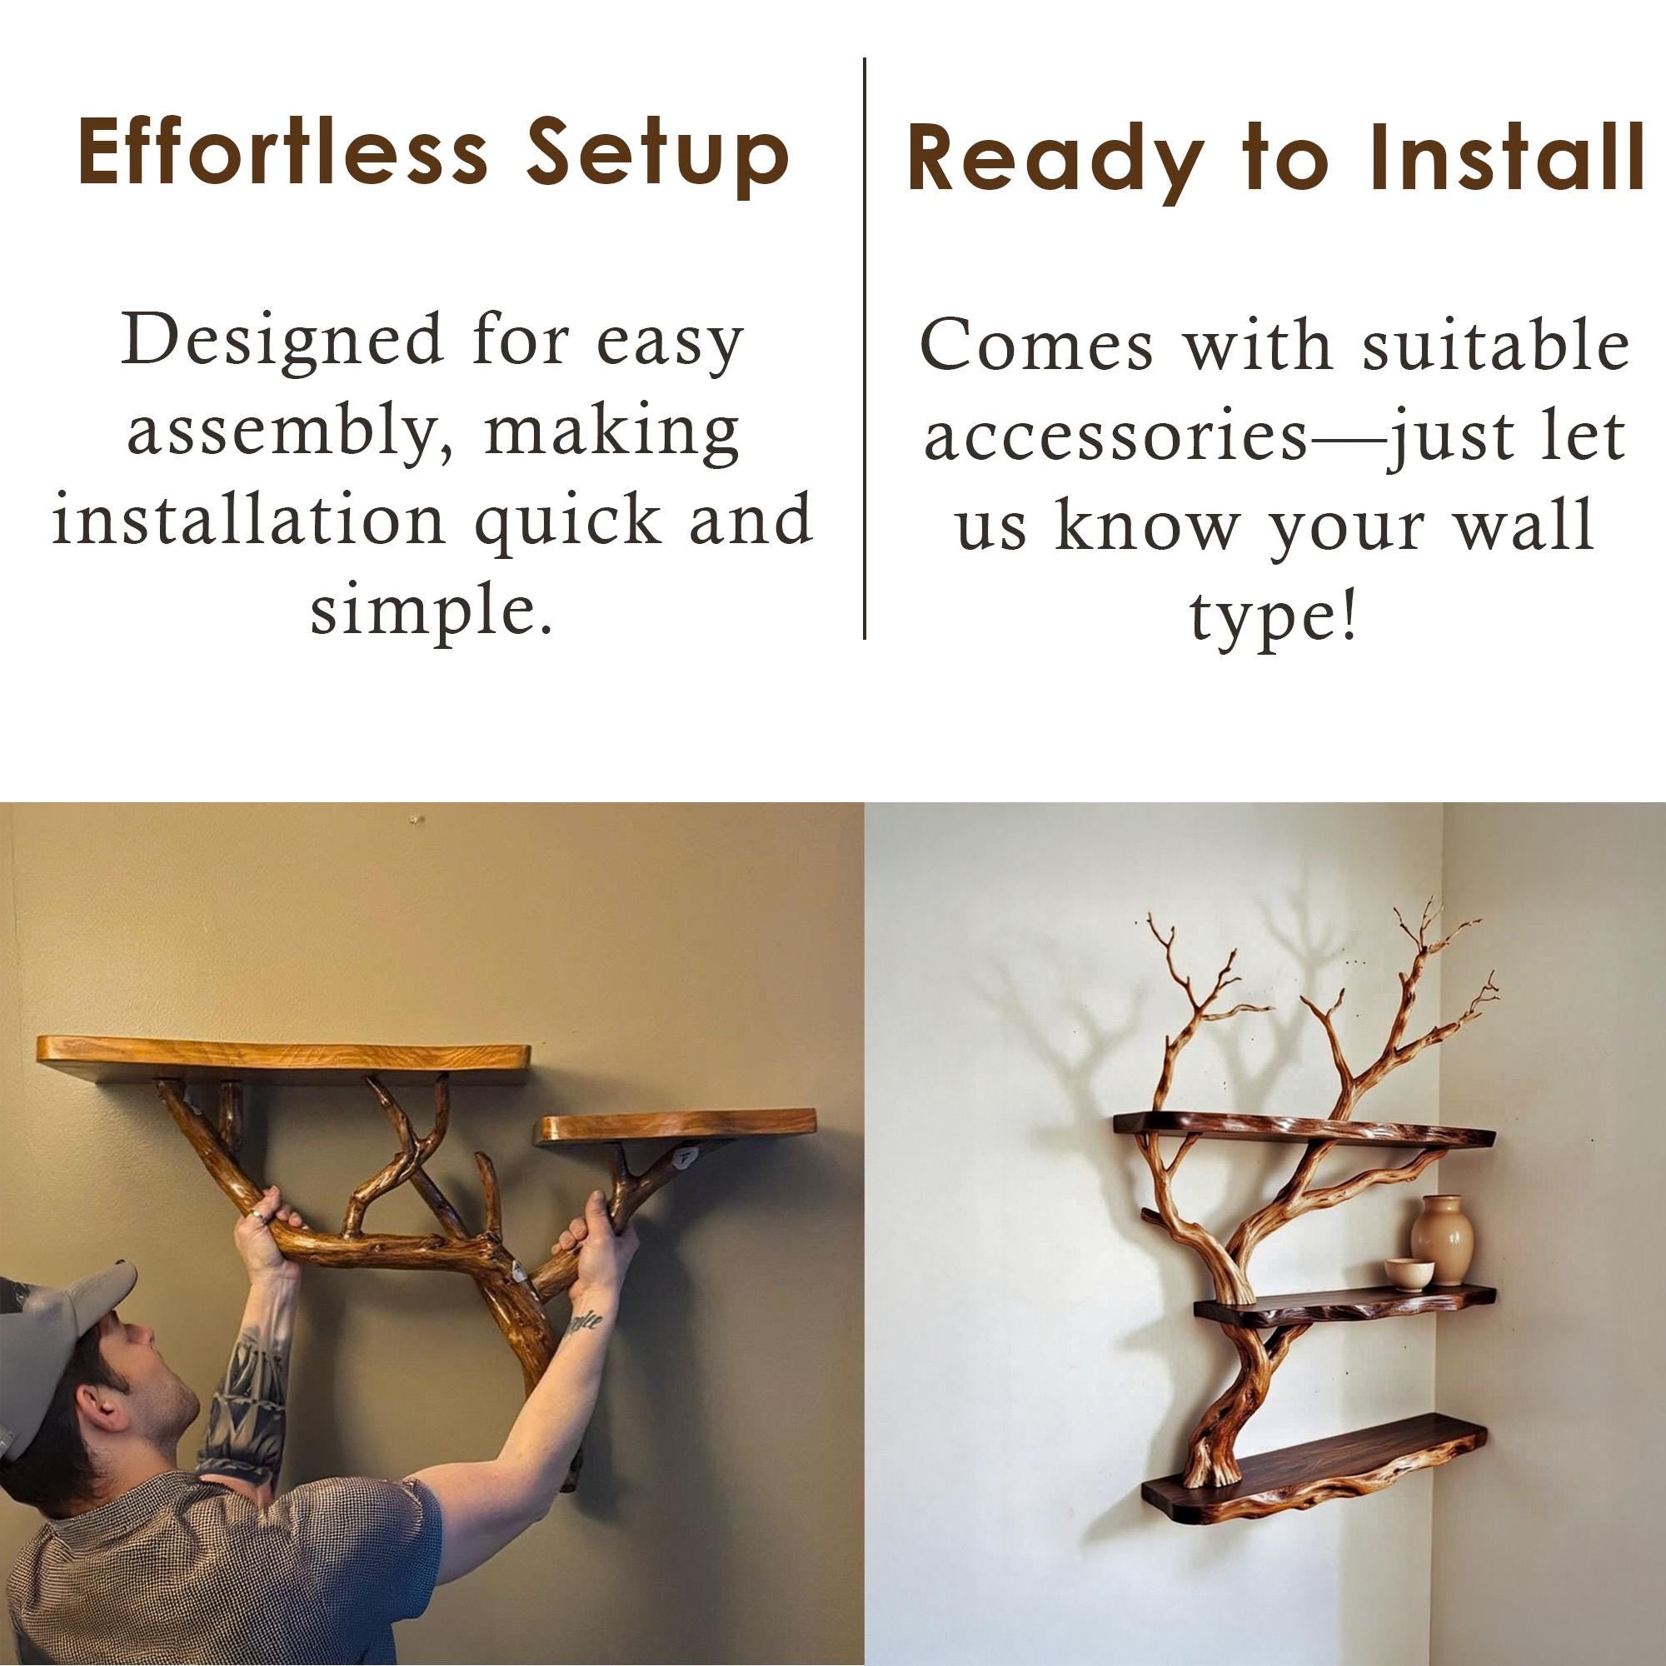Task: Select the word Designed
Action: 280,341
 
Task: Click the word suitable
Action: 1495,345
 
